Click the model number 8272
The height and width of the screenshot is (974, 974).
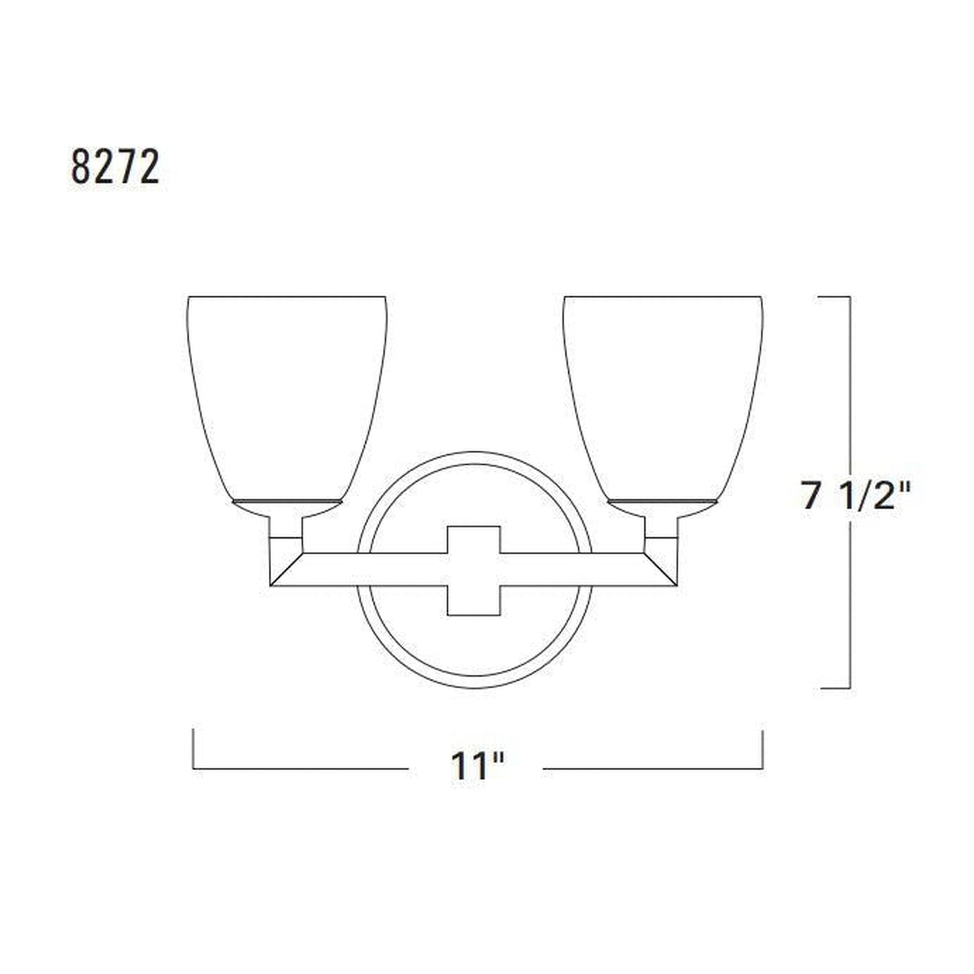tap(115, 167)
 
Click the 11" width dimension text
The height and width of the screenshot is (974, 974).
tap(477, 766)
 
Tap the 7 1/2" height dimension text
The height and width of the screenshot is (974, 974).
tap(856, 498)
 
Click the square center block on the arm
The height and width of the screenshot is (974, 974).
tap(474, 570)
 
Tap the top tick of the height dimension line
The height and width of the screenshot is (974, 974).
tap(834, 297)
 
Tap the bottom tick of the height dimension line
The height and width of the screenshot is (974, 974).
tap(834, 688)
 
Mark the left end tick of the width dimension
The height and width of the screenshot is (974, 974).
tap(193, 748)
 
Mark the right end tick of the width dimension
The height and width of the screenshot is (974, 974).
tap(762, 748)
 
